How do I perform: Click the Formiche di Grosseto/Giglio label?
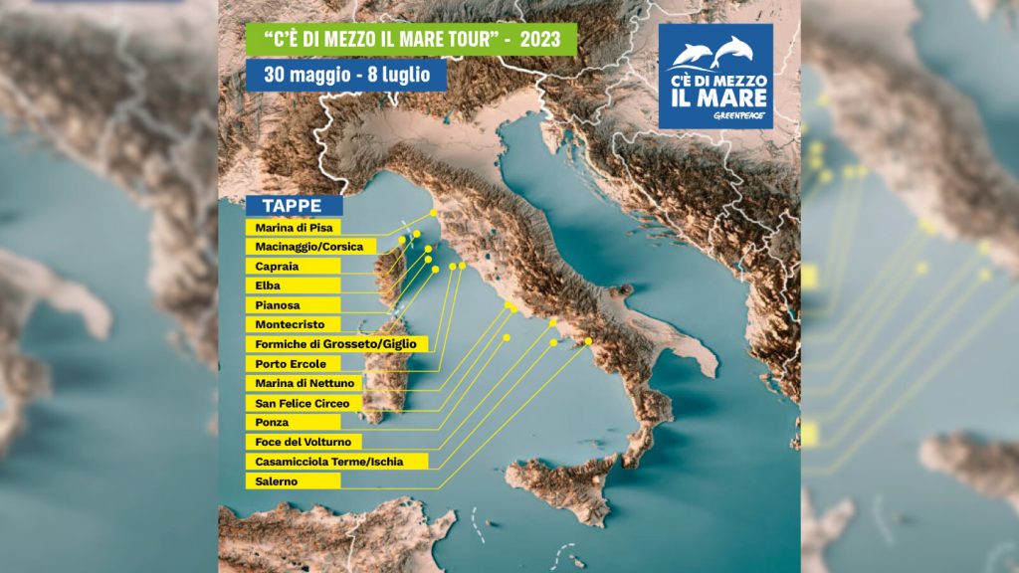pos(336,343)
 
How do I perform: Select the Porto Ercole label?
pos(293,363)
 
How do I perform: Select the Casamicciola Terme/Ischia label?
pos(336,461)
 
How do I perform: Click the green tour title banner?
pos(410,40)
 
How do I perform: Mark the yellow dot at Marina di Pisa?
pos(433,213)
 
